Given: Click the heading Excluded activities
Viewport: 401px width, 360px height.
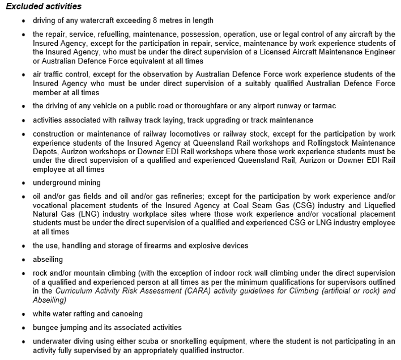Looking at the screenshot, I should click(x=44, y=7).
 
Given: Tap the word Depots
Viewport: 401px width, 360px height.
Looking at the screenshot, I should click(x=45, y=153).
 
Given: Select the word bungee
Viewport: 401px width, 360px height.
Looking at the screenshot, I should click(x=44, y=327).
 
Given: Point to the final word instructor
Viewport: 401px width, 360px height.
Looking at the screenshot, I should click(x=226, y=350).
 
